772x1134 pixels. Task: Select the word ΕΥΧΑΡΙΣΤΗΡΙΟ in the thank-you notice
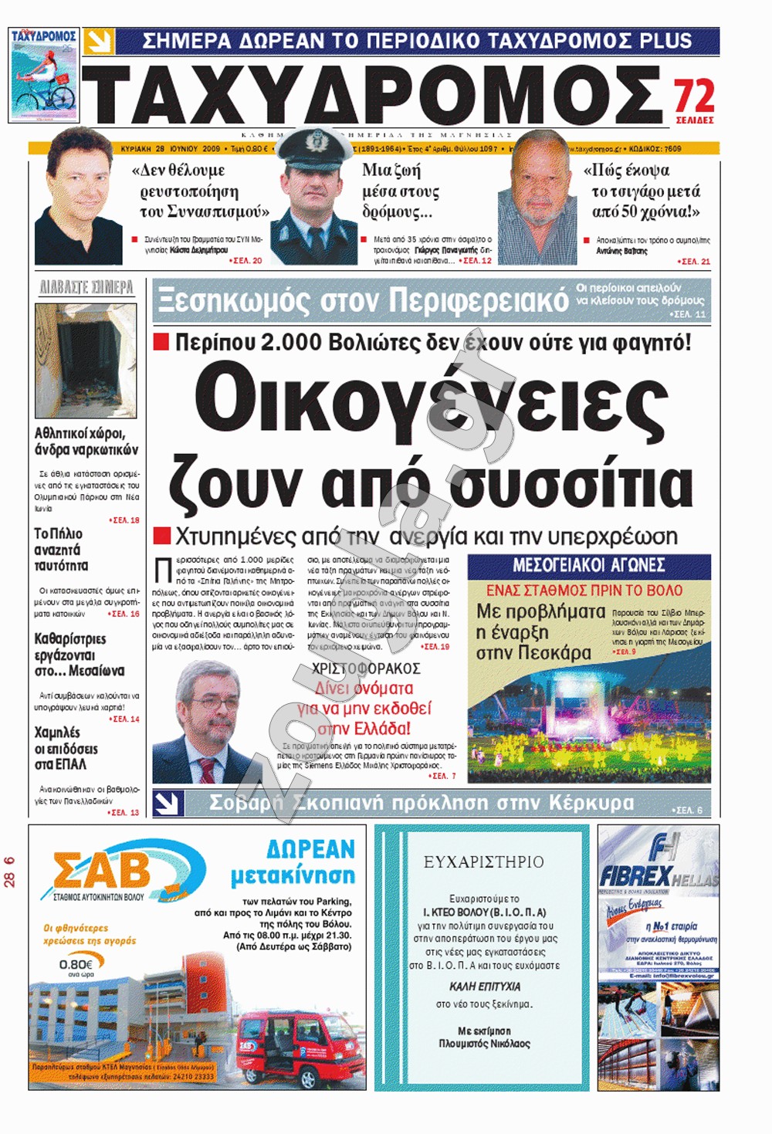click(483, 862)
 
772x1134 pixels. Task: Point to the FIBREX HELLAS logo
click(658, 875)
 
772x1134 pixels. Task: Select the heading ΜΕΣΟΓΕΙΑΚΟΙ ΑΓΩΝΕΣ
click(589, 565)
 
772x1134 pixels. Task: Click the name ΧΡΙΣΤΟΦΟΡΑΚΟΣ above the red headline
click(366, 669)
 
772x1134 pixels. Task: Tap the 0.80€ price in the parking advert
click(76, 964)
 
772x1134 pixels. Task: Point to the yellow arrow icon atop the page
click(100, 42)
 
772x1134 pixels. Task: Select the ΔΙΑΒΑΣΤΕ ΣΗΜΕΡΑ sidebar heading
click(86, 288)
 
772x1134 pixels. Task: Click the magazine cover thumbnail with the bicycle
click(44, 75)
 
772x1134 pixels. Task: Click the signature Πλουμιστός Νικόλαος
click(484, 1044)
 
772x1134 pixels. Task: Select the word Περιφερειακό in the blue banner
click(478, 300)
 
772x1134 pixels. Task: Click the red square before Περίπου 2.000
click(161, 342)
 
